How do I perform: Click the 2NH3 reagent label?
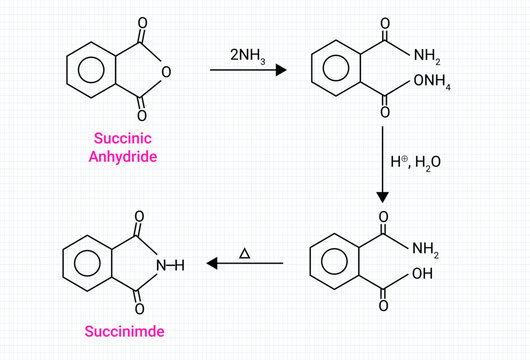(249, 52)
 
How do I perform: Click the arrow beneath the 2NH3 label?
(249, 70)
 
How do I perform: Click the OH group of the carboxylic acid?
(422, 275)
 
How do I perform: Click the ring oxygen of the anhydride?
(166, 72)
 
